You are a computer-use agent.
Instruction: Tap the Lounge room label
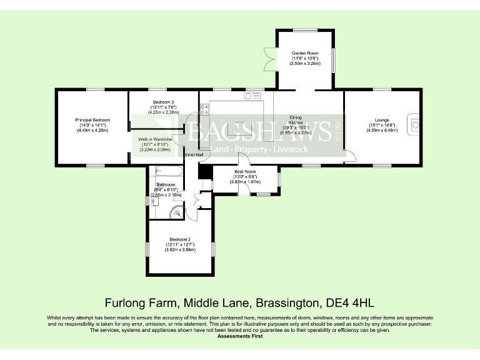click(x=382, y=119)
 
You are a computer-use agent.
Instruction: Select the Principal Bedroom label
click(x=92, y=120)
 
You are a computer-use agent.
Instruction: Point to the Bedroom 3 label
click(x=163, y=102)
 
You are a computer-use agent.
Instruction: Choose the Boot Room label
click(x=245, y=172)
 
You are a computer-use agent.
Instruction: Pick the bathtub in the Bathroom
click(x=167, y=171)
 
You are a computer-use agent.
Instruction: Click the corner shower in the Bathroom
click(x=176, y=211)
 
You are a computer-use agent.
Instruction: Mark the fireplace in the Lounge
click(x=415, y=123)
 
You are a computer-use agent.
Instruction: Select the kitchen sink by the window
click(x=252, y=96)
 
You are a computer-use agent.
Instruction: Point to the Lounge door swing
click(x=350, y=156)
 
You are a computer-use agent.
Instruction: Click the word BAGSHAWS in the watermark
click(x=259, y=132)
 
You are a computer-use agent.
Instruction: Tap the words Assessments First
click(x=240, y=336)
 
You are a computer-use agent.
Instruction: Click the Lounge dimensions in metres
click(x=382, y=131)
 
